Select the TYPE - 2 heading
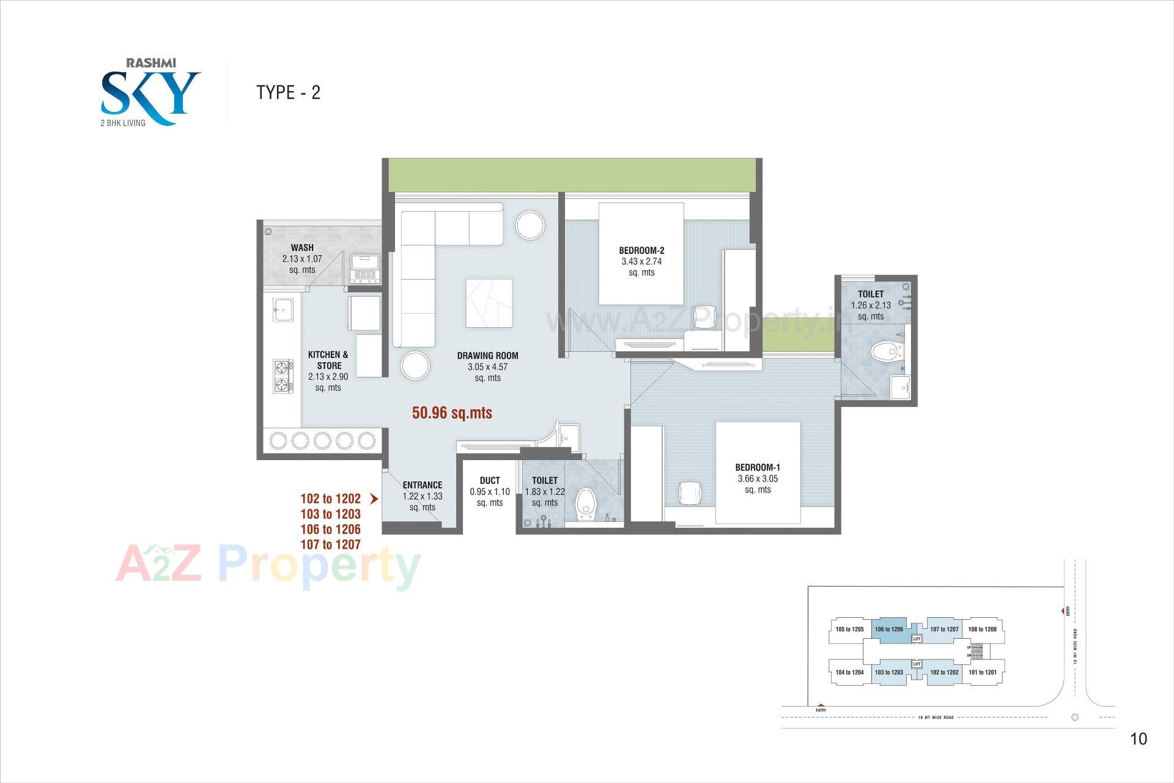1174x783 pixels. pyautogui.click(x=288, y=92)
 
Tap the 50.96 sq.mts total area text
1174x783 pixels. pyautogui.click(x=452, y=413)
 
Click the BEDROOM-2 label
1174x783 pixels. pyautogui.click(x=641, y=251)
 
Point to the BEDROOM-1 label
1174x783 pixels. pyautogui.click(x=758, y=468)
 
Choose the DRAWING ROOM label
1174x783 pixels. pyautogui.click(x=487, y=356)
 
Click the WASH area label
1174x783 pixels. pyautogui.click(x=302, y=248)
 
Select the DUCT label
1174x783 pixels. pyautogui.click(x=490, y=481)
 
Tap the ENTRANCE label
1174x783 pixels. pyautogui.click(x=422, y=485)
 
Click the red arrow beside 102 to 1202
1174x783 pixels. pyautogui.click(x=374, y=499)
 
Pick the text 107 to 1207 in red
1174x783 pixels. pyautogui.click(x=330, y=544)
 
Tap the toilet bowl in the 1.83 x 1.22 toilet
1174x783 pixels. pyautogui.click(x=586, y=503)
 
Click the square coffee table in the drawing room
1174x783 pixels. pyautogui.click(x=489, y=303)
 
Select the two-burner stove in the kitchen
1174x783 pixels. pyautogui.click(x=282, y=376)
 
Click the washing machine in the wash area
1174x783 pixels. pyautogui.click(x=365, y=269)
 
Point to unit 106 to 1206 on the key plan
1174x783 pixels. pyautogui.click(x=888, y=629)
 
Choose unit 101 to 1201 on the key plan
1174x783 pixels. pyautogui.click(x=982, y=672)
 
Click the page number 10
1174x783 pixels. pyautogui.click(x=1138, y=739)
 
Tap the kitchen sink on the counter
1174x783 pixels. pyautogui.click(x=282, y=310)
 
